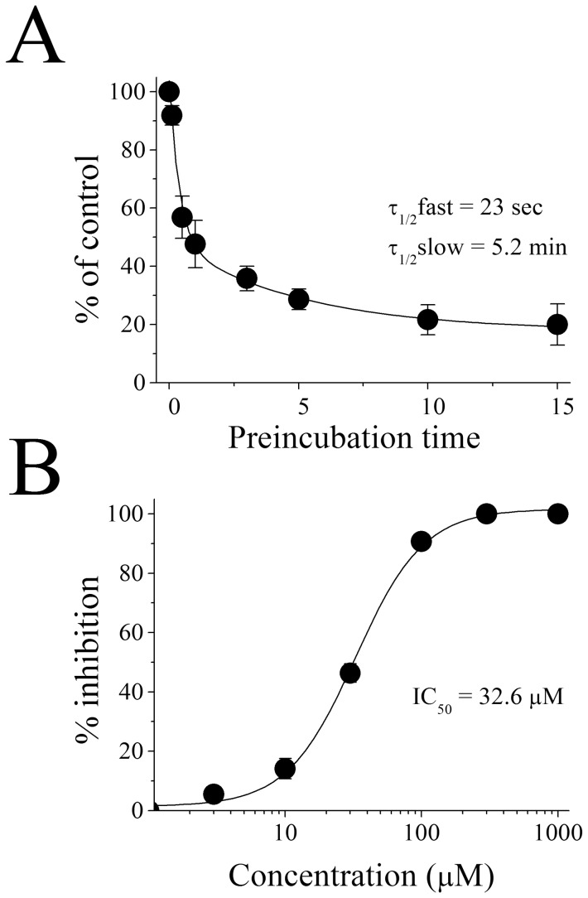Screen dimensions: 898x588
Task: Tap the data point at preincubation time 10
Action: click(x=428, y=319)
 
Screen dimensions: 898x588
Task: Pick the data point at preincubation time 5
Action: click(x=299, y=299)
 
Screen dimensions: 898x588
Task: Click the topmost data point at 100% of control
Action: click(x=169, y=91)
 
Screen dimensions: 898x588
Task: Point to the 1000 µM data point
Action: click(x=558, y=514)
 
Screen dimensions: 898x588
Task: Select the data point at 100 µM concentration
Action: click(x=422, y=541)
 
